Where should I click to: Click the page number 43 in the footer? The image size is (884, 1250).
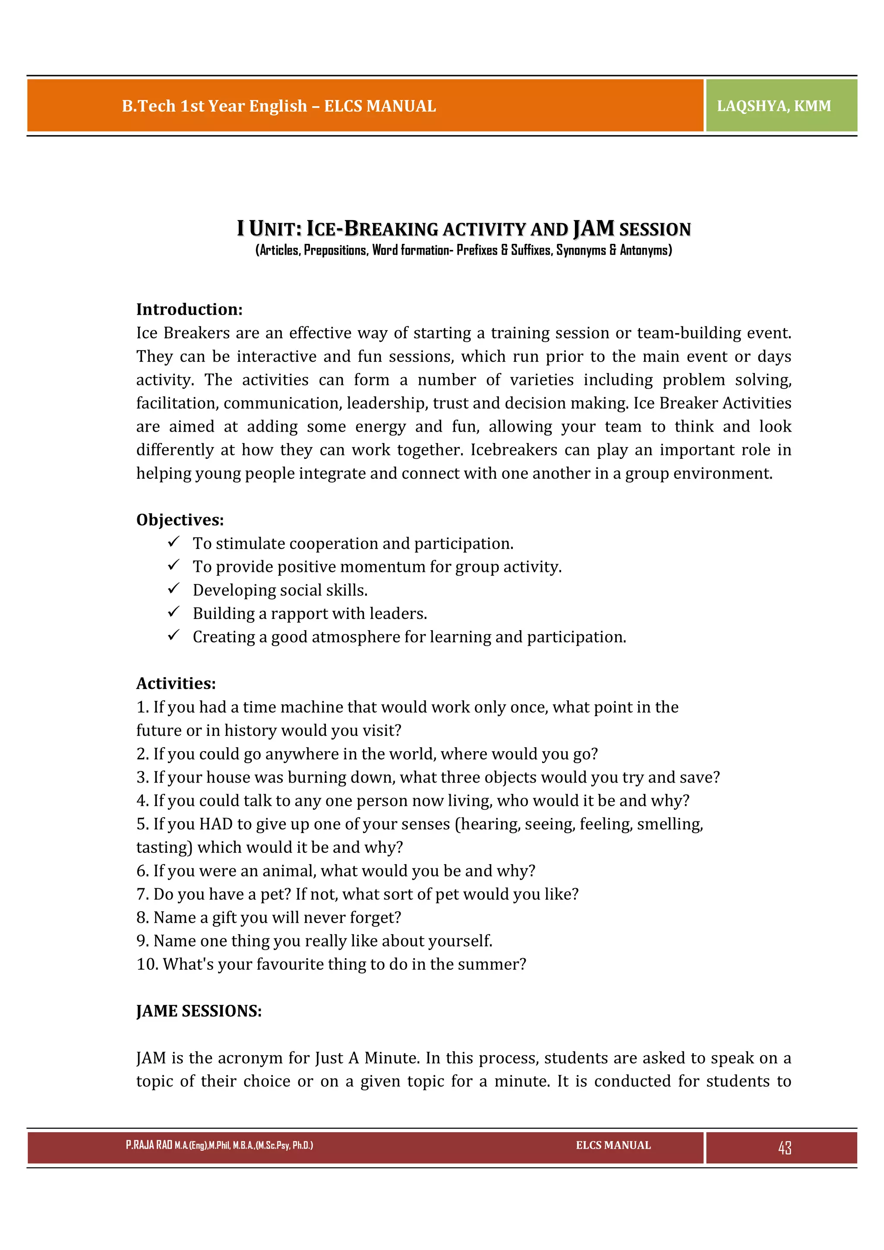(x=784, y=1148)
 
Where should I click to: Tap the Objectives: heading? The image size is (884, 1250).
(x=180, y=520)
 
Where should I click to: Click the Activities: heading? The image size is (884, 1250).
(x=176, y=683)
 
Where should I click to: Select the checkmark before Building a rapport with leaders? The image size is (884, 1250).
(x=174, y=612)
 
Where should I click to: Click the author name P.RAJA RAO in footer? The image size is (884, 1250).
(x=148, y=1145)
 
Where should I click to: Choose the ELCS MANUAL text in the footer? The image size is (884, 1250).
(x=613, y=1145)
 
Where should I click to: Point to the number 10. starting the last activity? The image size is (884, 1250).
(x=147, y=965)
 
